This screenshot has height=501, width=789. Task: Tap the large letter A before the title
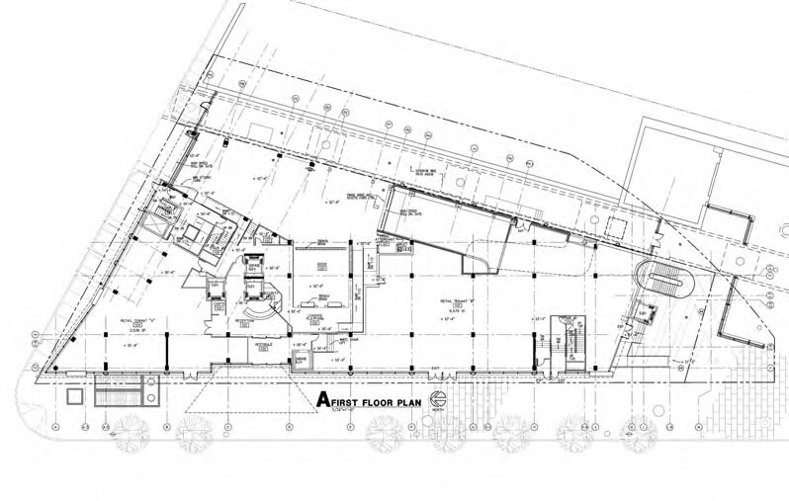pos(320,399)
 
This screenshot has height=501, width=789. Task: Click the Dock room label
pos(322,266)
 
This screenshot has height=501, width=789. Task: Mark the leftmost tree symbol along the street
pos(131,430)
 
